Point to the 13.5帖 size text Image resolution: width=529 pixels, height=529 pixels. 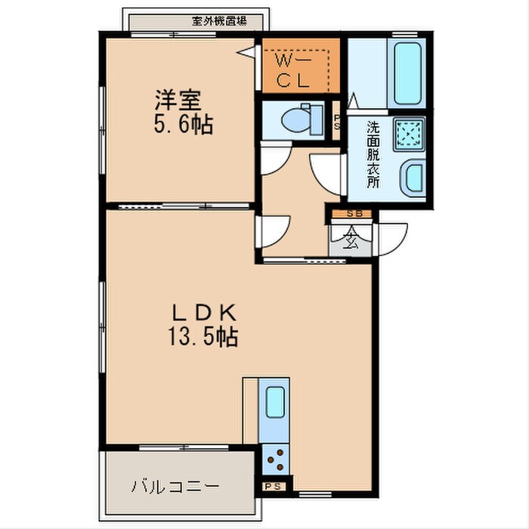203,336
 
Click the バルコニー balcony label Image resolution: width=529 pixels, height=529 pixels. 177,484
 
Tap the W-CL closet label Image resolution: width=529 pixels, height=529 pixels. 295,70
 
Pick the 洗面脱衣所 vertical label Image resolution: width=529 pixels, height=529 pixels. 373,154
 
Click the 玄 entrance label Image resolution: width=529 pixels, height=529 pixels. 351,240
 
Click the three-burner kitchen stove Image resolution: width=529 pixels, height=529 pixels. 274,456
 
